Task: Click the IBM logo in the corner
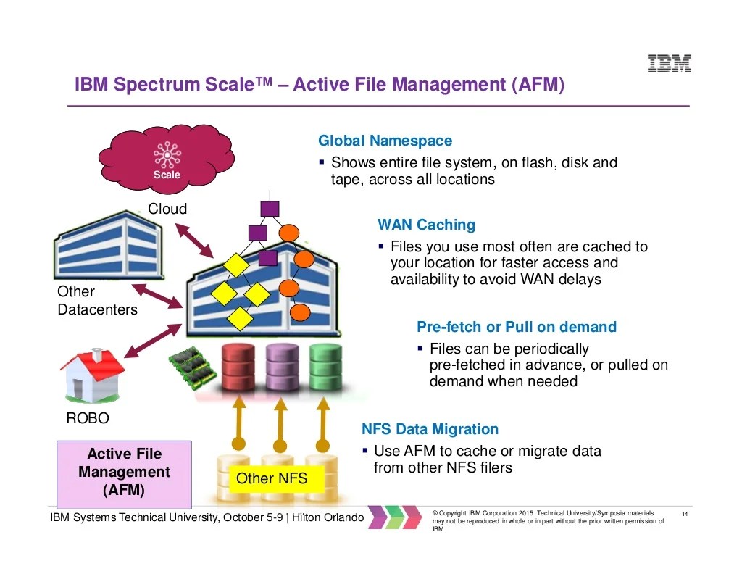click(x=669, y=63)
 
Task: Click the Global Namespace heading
click(x=385, y=141)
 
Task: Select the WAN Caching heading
click(x=426, y=225)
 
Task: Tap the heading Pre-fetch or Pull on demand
click(x=516, y=327)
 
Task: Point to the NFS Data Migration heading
click(x=430, y=429)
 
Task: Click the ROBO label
click(x=87, y=419)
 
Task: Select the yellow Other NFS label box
click(x=272, y=478)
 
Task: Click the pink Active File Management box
click(x=124, y=473)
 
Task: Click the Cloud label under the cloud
click(x=167, y=209)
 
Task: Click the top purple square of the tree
click(x=270, y=209)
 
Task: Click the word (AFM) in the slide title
click(x=537, y=85)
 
